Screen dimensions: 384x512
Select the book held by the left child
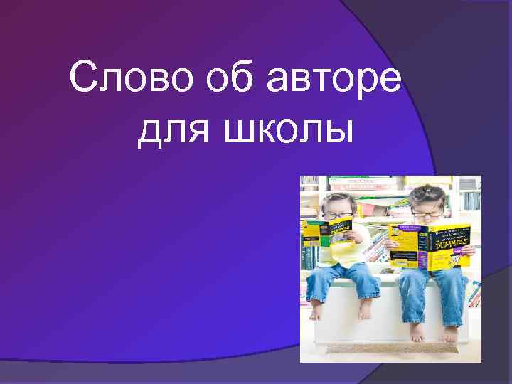327,233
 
